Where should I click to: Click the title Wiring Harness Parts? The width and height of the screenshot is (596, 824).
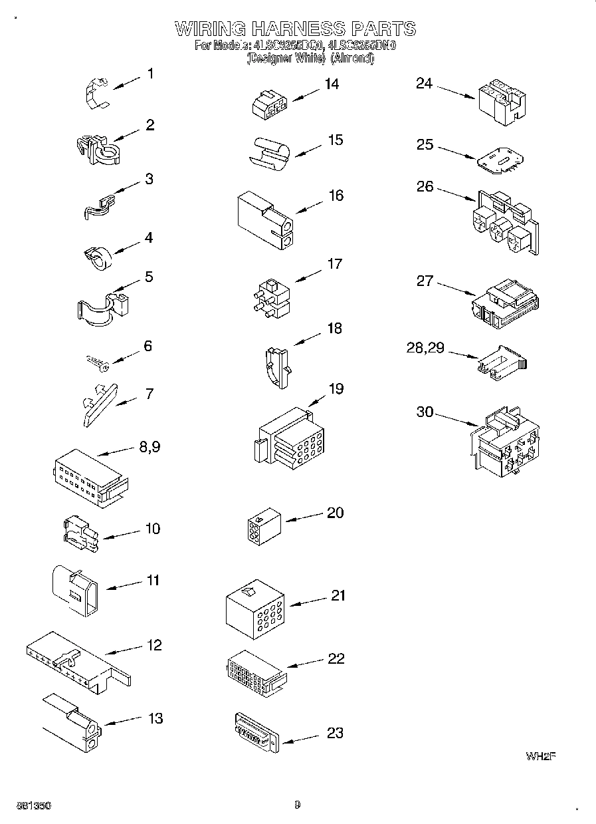[x=295, y=29]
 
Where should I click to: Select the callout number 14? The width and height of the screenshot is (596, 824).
[x=331, y=84]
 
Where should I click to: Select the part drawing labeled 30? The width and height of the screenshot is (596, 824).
[x=504, y=442]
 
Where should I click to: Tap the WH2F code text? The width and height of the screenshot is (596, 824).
[x=540, y=756]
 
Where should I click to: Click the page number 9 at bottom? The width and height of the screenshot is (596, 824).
[x=298, y=805]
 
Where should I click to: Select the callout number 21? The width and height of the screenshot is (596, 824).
[x=338, y=596]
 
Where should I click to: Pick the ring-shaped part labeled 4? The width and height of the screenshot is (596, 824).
[x=98, y=259]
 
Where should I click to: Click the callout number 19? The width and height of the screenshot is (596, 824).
[x=336, y=388]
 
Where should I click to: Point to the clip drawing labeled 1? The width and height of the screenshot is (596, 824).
[x=96, y=90]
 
